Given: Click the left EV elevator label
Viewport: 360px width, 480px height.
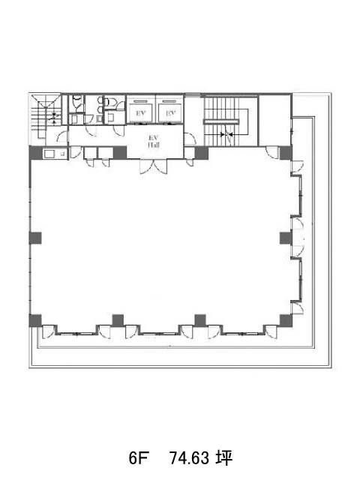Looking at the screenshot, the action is (x=140, y=113).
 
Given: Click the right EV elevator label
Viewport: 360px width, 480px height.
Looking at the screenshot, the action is (x=170, y=113).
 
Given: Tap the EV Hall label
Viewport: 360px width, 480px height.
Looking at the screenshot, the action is (x=154, y=142).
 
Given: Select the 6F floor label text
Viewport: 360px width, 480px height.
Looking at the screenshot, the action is (x=138, y=458).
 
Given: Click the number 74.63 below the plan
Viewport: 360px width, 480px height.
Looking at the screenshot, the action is (x=189, y=458).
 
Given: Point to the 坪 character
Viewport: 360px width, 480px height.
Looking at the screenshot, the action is (x=223, y=458).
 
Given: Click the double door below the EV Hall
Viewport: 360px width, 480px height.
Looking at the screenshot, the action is (x=154, y=166).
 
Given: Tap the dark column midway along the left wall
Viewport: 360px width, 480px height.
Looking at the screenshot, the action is (x=35, y=238).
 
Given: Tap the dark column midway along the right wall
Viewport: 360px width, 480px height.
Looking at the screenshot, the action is (x=286, y=238).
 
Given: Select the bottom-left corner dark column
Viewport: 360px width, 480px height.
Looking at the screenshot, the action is (x=35, y=320).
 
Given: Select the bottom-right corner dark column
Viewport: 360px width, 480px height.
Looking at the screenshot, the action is (x=286, y=320).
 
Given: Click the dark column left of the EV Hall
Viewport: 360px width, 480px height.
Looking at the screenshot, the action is (x=120, y=153).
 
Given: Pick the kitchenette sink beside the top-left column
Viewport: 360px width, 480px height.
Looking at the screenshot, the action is (x=49, y=154).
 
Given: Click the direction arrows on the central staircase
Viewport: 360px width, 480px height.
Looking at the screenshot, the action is (x=226, y=134).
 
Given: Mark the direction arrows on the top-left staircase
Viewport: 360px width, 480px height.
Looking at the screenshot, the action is (x=54, y=118).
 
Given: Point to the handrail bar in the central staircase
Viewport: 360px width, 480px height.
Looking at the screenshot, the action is (x=221, y=121).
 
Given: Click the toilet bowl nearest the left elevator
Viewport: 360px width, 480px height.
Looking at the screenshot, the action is (x=110, y=101).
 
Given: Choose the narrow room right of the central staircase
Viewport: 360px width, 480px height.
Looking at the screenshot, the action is (x=274, y=121).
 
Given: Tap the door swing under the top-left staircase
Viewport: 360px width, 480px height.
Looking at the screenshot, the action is (x=62, y=136).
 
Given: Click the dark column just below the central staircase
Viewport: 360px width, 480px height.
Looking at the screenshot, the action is (x=202, y=153).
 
